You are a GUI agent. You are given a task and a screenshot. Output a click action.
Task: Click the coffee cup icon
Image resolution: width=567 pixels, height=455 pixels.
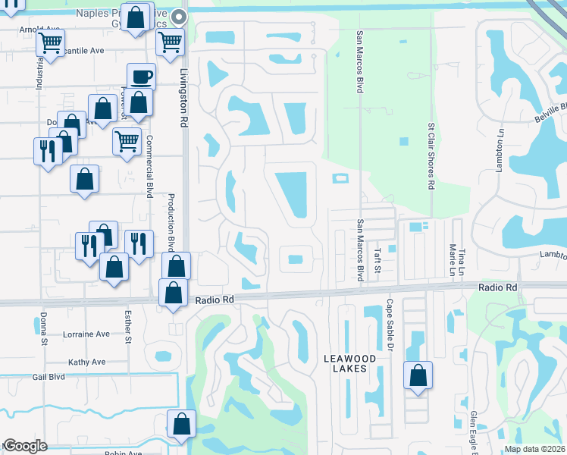tap(141, 76)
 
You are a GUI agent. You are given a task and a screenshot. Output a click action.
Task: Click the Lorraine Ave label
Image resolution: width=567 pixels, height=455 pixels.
tap(86, 334)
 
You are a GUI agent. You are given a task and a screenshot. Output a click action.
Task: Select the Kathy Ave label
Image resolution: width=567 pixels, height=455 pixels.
tap(86, 362)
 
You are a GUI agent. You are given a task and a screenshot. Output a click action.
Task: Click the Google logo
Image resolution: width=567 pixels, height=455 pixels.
tap(25, 446)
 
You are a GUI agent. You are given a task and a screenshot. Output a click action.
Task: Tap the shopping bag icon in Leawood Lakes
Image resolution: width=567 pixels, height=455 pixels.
tap(418, 375)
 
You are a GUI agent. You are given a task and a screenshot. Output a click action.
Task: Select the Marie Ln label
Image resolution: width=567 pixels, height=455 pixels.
tap(452, 260)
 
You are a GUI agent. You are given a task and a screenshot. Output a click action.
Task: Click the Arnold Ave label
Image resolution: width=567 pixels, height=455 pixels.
tap(39, 30)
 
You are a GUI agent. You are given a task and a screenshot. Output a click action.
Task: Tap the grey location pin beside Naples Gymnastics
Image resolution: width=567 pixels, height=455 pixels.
tap(179, 16)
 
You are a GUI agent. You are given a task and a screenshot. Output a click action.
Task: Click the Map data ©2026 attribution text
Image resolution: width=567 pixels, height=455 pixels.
tap(534, 449)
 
